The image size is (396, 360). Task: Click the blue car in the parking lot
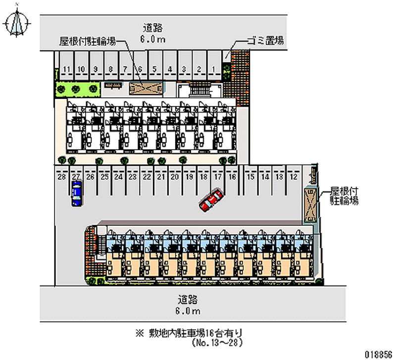coord(76,193)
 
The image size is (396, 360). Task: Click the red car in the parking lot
coord(211,200)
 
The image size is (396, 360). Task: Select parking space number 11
coord(65,69)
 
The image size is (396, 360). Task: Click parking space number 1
coord(213,69)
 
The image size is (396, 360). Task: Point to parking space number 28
coord(62,176)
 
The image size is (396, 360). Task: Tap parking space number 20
coord(174,176)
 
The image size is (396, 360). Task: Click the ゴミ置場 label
coord(266,41)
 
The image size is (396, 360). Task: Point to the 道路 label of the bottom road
coord(188,300)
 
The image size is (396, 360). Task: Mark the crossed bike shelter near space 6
coord(146,88)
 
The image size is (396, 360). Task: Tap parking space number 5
coord(155,69)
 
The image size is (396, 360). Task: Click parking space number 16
coord(232,176)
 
